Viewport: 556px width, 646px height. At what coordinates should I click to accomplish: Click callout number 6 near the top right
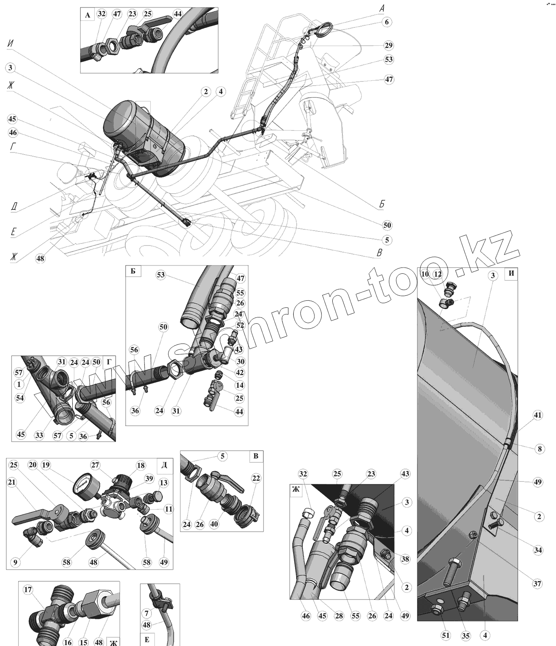tap(387, 22)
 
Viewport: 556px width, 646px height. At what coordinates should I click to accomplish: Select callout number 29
tap(388, 45)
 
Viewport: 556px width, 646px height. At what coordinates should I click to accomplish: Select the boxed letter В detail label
tap(256, 456)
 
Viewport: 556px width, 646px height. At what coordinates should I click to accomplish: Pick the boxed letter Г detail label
tap(109, 362)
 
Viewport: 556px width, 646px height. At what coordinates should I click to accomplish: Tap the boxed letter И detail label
tap(511, 273)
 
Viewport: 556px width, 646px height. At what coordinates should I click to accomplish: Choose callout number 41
tap(538, 415)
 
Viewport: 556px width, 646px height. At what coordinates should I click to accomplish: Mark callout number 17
tap(28, 589)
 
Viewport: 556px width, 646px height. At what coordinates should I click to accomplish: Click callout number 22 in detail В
tap(256, 478)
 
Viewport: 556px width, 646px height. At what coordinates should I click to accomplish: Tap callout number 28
tap(339, 628)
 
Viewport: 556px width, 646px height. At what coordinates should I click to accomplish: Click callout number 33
tap(39, 435)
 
